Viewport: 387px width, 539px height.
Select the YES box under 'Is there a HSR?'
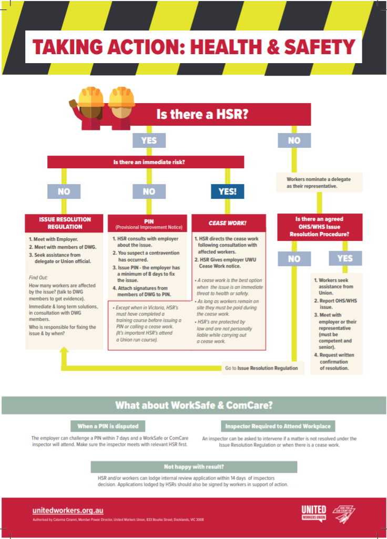pyautogui.click(x=148, y=140)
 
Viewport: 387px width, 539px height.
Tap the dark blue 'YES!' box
pyautogui.click(x=227, y=191)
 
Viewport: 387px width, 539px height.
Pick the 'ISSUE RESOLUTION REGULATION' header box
pyautogui.click(x=65, y=223)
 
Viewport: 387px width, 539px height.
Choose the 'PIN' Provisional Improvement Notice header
pyautogui.click(x=148, y=223)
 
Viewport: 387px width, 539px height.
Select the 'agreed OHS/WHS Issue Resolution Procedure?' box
pyautogui.click(x=320, y=226)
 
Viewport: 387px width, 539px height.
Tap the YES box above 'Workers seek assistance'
pyautogui.click(x=345, y=258)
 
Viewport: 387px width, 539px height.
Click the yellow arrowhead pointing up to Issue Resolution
pyautogui.click(x=65, y=355)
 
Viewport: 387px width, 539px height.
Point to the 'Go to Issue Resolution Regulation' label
pyautogui.click(x=261, y=368)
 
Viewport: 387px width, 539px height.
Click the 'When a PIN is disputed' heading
pyautogui.click(x=108, y=426)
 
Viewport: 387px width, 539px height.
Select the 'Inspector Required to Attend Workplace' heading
pyautogui.click(x=278, y=426)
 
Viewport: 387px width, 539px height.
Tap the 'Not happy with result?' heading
pyautogui.click(x=193, y=466)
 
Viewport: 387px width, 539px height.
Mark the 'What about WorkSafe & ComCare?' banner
pyautogui.click(x=193, y=405)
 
